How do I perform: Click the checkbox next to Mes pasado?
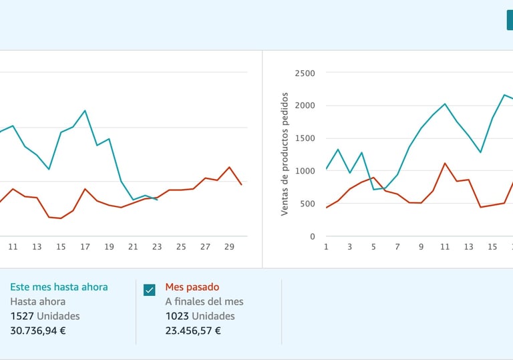pos(150,290)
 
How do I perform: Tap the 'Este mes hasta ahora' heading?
pos(59,287)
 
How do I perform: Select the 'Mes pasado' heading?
pos(192,287)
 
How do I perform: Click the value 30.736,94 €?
pos(37,330)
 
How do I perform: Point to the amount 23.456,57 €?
pos(193,330)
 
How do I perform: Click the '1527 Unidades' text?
pos(45,316)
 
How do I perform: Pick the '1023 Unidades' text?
pos(200,316)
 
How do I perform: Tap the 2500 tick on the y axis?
pos(304,73)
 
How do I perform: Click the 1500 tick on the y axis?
pos(304,138)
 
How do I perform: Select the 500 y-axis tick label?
pos(307,204)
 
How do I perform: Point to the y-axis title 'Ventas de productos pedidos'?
pos(285,154)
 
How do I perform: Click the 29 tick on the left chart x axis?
pos(229,247)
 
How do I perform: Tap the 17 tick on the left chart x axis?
pos(85,247)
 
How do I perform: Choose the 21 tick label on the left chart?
pos(133,247)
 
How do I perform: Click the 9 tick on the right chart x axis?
pos(421,247)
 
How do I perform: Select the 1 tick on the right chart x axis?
pos(326,247)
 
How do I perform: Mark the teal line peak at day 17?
pos(85,111)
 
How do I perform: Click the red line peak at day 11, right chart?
pos(445,163)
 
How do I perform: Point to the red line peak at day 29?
pos(229,167)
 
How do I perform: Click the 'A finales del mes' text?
pos(204,301)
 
